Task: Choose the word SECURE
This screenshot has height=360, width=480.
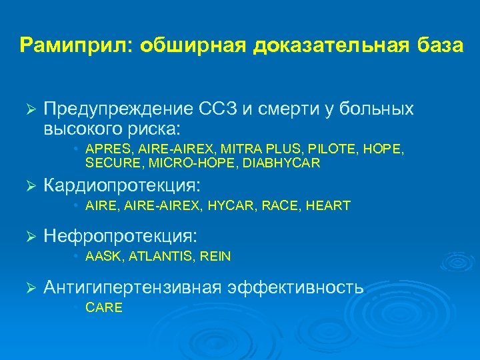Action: [x=109, y=163]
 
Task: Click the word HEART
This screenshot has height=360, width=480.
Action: [x=329, y=206]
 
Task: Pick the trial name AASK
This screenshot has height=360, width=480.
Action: [x=102, y=257]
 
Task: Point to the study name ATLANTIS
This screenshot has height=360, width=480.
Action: [x=159, y=257]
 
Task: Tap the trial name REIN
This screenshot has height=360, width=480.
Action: [x=215, y=257]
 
